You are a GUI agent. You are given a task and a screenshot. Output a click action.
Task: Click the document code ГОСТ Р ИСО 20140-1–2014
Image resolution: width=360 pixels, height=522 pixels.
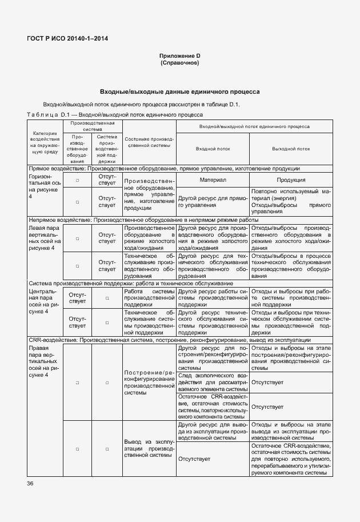(x=67, y=38)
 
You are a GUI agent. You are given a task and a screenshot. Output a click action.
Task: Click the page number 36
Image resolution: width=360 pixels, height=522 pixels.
(x=30, y=484)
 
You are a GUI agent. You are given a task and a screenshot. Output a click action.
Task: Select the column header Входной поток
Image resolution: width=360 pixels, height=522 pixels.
(x=213, y=148)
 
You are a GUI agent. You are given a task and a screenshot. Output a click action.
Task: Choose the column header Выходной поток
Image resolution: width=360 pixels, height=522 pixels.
(x=291, y=148)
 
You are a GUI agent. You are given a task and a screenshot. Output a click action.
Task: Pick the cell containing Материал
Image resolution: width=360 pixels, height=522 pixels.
(x=213, y=180)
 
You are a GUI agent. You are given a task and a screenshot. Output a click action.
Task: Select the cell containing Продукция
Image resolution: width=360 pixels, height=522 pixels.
(x=291, y=180)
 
